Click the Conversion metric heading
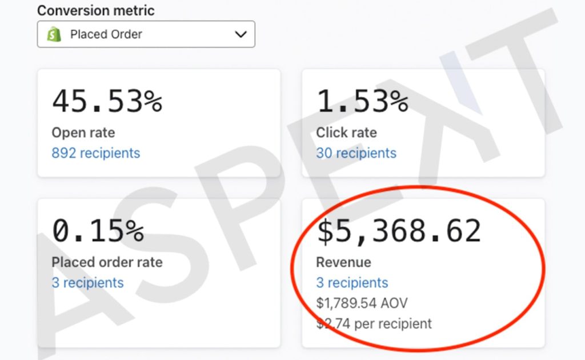tap(96, 10)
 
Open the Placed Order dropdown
tap(146, 34)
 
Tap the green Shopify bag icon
tap(54, 34)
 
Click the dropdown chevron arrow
tap(241, 34)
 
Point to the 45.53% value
tap(107, 101)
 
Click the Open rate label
tap(83, 133)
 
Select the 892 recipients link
tap(96, 153)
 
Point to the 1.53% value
tap(362, 101)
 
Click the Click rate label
tap(347, 133)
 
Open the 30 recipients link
tap(356, 153)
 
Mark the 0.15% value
tap(98, 230)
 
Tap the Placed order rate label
tap(107, 262)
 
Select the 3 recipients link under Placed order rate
tap(87, 283)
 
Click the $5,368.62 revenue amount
tap(399, 231)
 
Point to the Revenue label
tap(343, 262)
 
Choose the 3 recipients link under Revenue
tap(352, 283)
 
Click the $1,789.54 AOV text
tap(362, 303)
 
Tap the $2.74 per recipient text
tap(374, 323)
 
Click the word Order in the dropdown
tap(125, 34)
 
